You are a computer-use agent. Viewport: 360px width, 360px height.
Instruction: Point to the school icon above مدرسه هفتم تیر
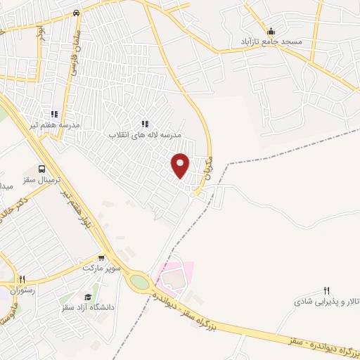(x=53, y=114)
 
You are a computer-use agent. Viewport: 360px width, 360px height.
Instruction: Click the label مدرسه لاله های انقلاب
(x=145, y=134)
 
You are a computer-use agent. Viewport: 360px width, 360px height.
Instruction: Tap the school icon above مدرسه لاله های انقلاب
(x=145, y=124)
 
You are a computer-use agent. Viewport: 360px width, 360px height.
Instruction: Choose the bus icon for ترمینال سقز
(x=43, y=169)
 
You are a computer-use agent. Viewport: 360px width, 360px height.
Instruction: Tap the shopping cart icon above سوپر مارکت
(x=103, y=258)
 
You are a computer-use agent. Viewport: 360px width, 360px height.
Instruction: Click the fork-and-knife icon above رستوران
(x=23, y=278)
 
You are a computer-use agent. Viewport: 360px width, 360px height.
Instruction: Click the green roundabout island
(x=139, y=283)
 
